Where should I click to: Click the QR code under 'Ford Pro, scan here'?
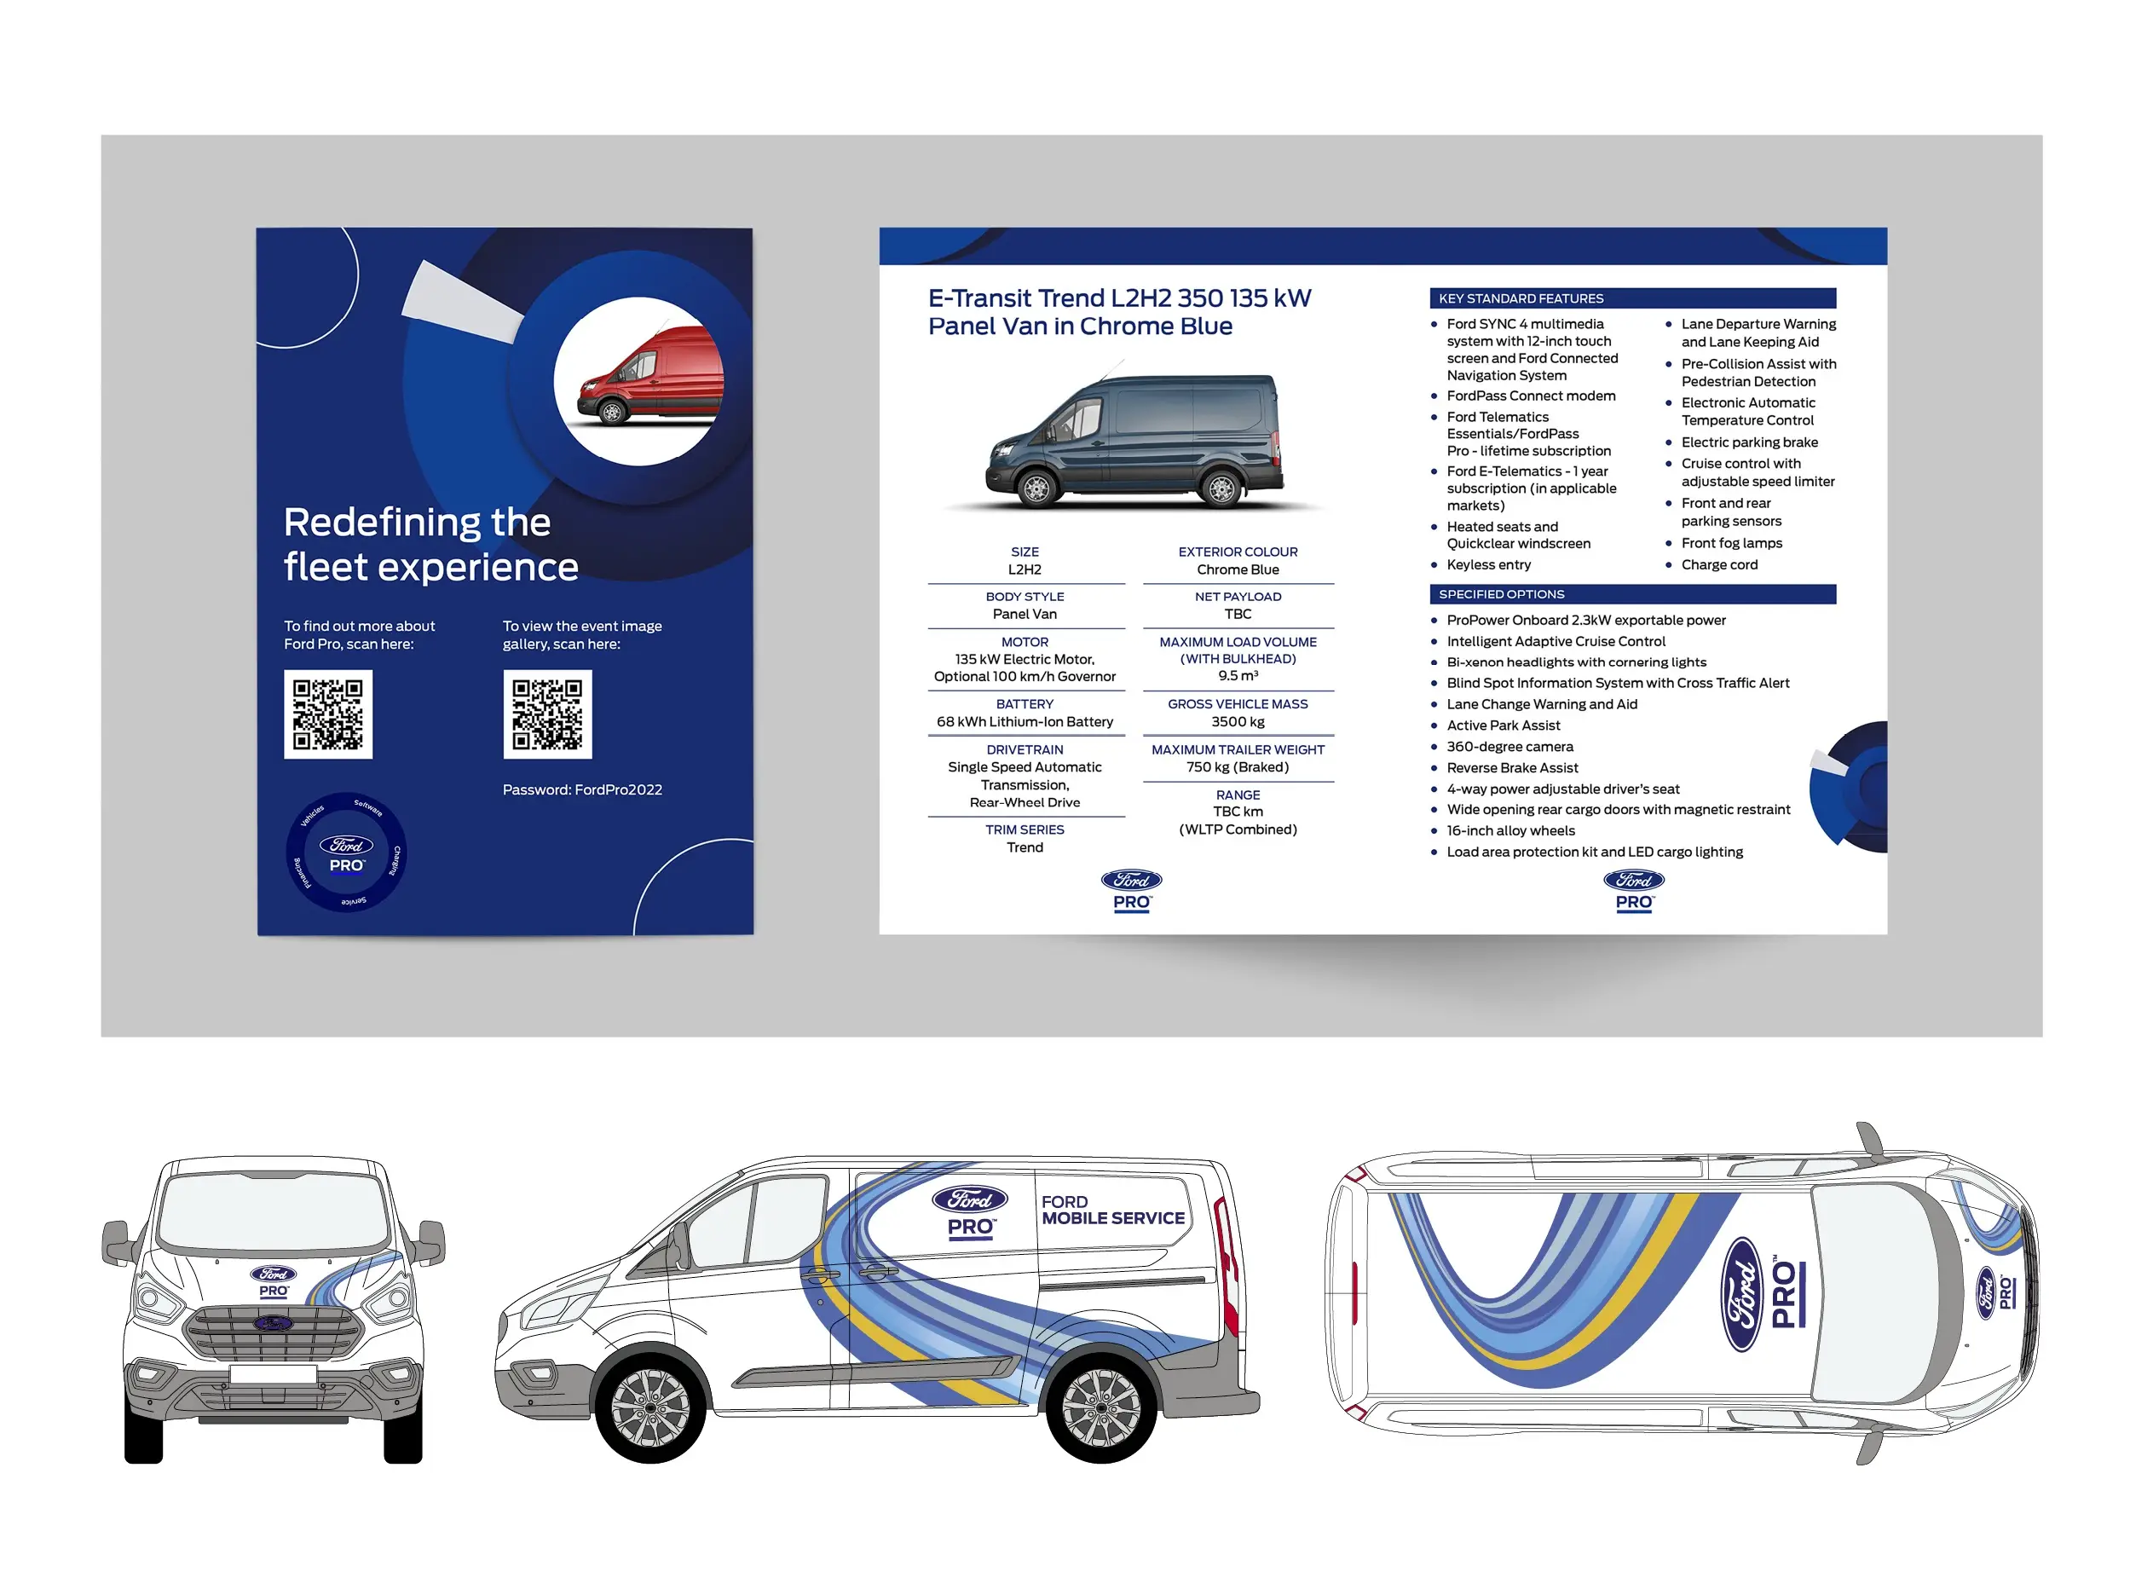[x=327, y=714]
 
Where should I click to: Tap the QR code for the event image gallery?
[x=547, y=714]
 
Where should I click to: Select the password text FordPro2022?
[x=618, y=789]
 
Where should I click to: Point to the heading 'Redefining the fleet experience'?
[x=430, y=544]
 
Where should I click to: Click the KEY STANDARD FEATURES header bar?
[x=1632, y=298]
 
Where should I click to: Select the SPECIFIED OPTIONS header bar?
[x=1632, y=594]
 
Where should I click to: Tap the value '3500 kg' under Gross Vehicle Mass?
[x=1238, y=721]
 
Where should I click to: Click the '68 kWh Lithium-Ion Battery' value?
[x=1025, y=721]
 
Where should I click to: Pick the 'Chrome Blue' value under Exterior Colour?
[x=1238, y=569]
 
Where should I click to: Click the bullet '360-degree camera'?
[x=1509, y=747]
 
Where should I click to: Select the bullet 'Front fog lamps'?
[x=1731, y=543]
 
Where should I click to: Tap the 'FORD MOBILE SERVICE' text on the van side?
[x=1112, y=1210]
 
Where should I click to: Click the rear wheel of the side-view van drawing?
[x=1100, y=1408]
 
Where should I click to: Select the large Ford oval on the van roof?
[x=1742, y=1294]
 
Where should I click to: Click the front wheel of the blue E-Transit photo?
[x=1036, y=488]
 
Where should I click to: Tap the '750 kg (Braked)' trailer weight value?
[x=1238, y=766]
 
